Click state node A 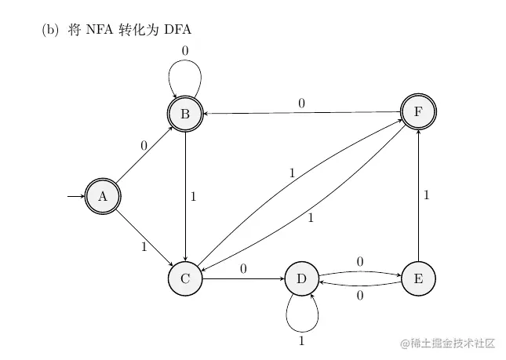tap(102, 196)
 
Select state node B tap(185, 115)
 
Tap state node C tap(185, 278)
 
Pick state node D tap(302, 278)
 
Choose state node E tap(418, 278)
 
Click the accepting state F tap(418, 111)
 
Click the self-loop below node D tap(302, 323)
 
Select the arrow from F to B tap(302, 113)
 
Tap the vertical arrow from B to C tap(185, 196)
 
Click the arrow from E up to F tap(418, 196)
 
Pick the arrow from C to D tap(243, 278)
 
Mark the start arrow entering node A tap(76, 196)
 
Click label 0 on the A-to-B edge tap(144, 146)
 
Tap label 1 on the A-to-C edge tap(144, 247)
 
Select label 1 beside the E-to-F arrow tap(427, 195)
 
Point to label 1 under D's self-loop tap(302, 340)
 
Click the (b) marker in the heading tap(49, 31)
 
